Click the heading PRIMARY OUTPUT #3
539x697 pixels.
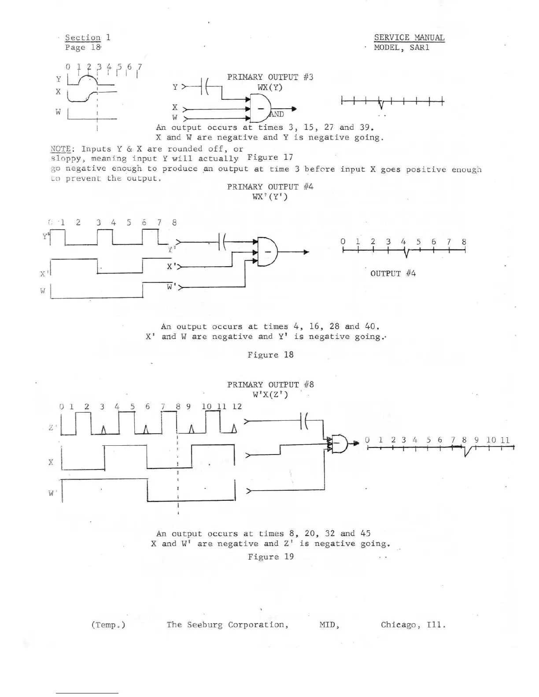click(270, 77)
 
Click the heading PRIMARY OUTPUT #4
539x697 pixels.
click(270, 187)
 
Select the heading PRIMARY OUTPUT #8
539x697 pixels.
click(270, 385)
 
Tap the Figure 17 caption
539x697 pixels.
click(270, 158)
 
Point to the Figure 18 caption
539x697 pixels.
click(270, 355)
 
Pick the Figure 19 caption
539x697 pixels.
click(270, 557)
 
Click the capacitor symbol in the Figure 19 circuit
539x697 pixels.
click(304, 421)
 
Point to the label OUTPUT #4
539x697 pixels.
click(393, 274)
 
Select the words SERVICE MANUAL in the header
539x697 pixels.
click(409, 38)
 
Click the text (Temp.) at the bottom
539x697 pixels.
click(108, 625)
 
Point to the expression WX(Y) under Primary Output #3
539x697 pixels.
click(269, 87)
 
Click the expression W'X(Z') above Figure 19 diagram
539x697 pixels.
click(270, 395)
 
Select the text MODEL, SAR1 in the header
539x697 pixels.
click(401, 48)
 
